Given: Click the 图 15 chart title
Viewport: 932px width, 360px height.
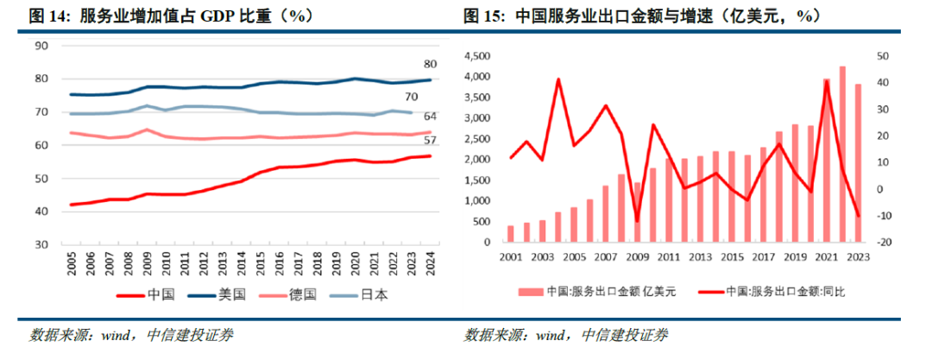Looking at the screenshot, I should tap(642, 15).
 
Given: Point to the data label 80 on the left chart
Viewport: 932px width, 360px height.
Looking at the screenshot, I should tap(429, 64).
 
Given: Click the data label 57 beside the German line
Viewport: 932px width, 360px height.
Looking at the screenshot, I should tap(429, 141).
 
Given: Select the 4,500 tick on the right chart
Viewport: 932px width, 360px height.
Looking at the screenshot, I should tap(479, 56).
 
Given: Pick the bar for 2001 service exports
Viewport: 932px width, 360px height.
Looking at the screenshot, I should tap(510, 234).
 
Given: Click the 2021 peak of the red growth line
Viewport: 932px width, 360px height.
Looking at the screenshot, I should tap(827, 81).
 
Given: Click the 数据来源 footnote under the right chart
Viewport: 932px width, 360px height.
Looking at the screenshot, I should tap(565, 335).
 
